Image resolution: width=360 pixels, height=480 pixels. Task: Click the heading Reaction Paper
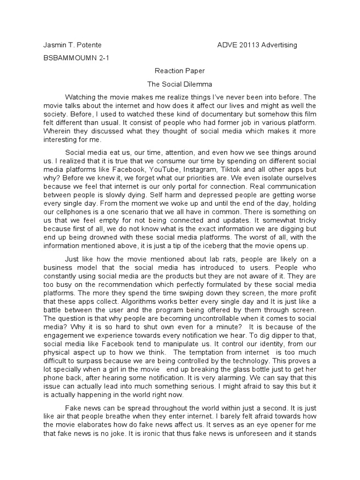[180, 72]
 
